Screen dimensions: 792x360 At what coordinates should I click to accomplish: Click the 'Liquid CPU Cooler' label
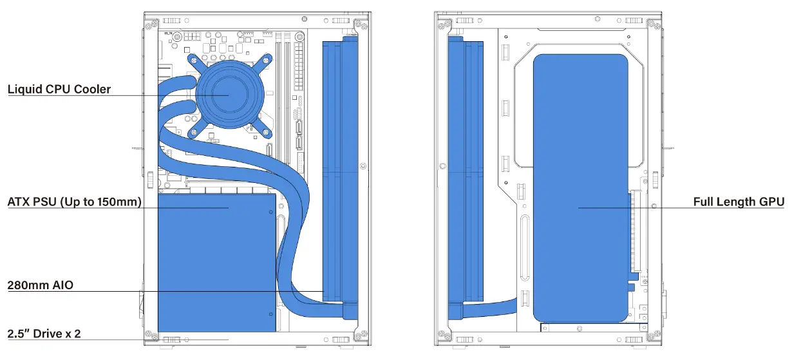click(59, 89)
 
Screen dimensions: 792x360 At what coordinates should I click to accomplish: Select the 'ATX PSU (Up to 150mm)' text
click(74, 202)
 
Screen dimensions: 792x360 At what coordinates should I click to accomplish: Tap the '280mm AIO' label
click(41, 285)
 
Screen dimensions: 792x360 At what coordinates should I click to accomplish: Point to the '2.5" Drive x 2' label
click(44, 334)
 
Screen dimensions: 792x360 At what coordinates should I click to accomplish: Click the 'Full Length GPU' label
click(739, 202)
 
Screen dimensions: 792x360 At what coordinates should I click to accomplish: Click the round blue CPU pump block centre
click(230, 95)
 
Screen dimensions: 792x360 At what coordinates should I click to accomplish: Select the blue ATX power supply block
click(217, 263)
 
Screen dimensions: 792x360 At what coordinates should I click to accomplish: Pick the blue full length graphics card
click(581, 189)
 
